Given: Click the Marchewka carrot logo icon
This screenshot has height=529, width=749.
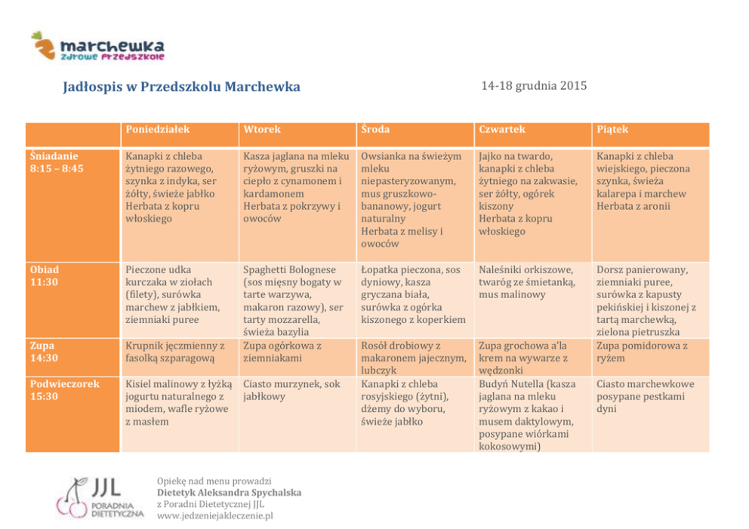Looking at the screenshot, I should pos(43,45).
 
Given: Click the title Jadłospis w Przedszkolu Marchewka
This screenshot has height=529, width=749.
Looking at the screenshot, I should pos(181,87).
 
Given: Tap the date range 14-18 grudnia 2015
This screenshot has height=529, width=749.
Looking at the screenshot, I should pos(534,86).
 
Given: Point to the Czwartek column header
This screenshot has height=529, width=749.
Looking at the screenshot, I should pos(501,130).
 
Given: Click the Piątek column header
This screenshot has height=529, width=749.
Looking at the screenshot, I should pos(612,130).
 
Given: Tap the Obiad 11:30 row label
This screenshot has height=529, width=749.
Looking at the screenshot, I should pos(45,275).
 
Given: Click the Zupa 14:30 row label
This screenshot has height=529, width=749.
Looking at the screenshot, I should pos(44,352).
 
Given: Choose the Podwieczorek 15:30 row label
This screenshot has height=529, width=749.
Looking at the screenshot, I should pos(64,390).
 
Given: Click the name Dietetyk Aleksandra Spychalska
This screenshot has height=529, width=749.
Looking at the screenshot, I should pos(229,493).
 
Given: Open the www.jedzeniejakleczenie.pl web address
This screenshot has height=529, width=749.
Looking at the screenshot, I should pos(214,516).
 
